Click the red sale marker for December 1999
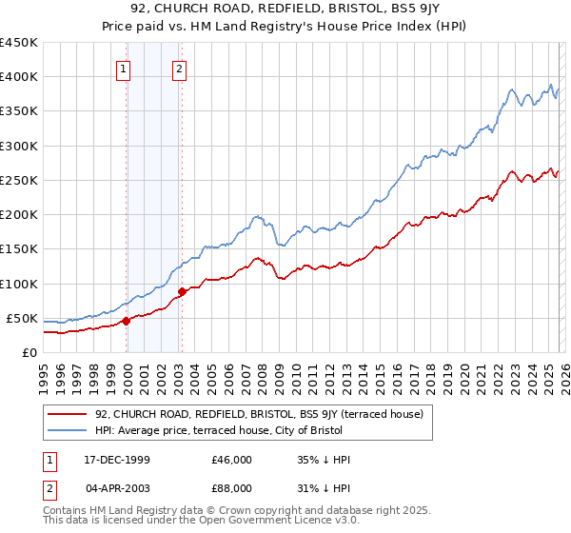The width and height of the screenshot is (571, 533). [x=126, y=321]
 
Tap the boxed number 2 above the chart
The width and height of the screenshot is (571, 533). [x=180, y=68]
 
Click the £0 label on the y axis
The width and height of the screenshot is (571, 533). [x=30, y=352]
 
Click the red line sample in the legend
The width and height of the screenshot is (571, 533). [x=68, y=414]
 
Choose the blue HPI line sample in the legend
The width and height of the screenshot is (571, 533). [x=68, y=431]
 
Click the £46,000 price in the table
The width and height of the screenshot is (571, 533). [x=231, y=460]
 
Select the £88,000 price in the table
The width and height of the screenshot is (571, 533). [x=231, y=488]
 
